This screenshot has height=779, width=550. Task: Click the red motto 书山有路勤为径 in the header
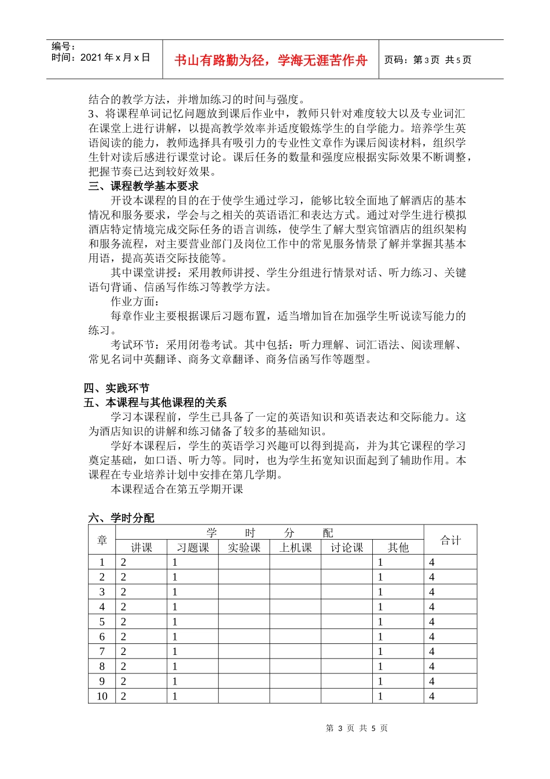[x=270, y=60]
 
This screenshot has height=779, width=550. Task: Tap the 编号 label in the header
[x=63, y=46]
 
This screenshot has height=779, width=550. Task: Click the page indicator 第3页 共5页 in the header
[x=428, y=60]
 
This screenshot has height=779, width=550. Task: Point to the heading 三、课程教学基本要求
[x=144, y=186]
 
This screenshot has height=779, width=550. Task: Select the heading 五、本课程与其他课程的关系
[x=155, y=402]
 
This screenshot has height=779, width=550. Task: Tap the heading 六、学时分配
[x=122, y=518]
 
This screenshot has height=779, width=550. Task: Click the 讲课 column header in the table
[x=141, y=548]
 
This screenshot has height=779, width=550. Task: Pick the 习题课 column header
[x=193, y=548]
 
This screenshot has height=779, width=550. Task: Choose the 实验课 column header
[x=244, y=548]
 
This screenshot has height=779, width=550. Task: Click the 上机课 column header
[x=295, y=548]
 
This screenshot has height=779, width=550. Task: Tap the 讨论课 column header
[x=347, y=548]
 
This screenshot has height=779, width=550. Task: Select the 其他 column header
[x=398, y=548]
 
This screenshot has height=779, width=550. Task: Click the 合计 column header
[x=450, y=540]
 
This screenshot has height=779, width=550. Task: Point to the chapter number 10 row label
[x=102, y=696]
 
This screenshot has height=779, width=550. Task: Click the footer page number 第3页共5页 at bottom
[x=357, y=728]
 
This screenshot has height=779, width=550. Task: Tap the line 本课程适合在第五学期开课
[x=177, y=489]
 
